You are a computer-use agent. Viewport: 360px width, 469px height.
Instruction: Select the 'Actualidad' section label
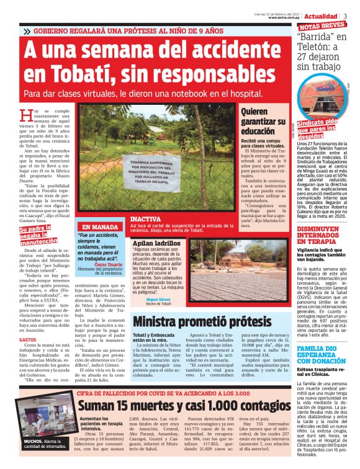(x=321, y=16)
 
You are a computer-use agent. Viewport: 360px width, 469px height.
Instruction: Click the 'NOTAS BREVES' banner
(x=322, y=26)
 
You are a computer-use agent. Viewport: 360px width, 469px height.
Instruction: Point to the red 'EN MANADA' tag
(x=100, y=227)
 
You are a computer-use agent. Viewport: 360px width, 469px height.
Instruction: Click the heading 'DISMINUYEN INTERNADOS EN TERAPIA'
(x=321, y=237)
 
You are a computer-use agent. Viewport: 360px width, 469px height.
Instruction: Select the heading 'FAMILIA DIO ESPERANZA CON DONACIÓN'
(x=321, y=354)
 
